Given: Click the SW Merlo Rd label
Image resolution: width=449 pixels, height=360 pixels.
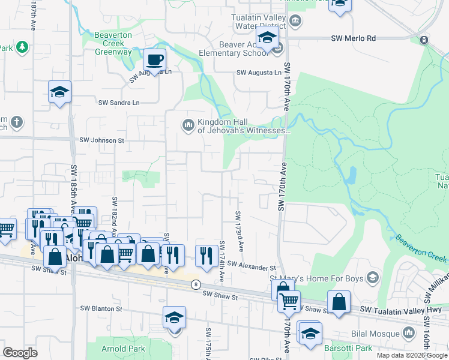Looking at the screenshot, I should [353, 38].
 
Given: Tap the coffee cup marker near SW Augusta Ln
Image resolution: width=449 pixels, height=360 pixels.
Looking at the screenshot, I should [154, 61].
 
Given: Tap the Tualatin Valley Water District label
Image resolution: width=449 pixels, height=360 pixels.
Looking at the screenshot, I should [259, 22].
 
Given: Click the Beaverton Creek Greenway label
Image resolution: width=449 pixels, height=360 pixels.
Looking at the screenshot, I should [113, 43].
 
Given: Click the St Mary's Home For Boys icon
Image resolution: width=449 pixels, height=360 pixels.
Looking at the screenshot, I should [372, 277].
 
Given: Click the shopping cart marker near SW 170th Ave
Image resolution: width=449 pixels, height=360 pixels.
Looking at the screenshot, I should [289, 301].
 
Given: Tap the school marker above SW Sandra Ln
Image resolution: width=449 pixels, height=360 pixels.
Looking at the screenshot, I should [59, 92].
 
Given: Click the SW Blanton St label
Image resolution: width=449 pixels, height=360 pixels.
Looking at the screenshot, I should [101, 309].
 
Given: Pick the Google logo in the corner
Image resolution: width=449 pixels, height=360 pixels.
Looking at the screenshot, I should [20, 353].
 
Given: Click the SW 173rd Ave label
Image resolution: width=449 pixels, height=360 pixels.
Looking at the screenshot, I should [239, 231].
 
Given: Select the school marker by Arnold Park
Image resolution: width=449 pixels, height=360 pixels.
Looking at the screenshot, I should [174, 318].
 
